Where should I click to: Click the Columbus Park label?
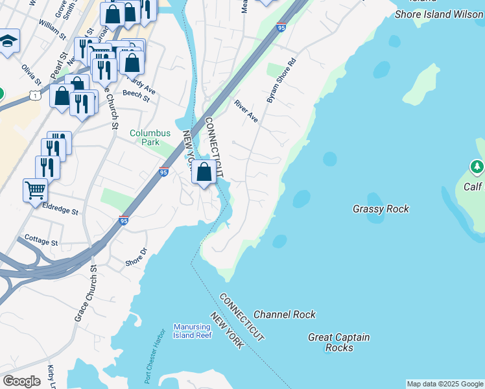click(150, 137)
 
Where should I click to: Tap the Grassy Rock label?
click(381, 209)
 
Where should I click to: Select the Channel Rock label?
click(285, 314)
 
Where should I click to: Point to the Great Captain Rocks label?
click(338, 342)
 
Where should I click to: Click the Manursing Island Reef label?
click(192, 331)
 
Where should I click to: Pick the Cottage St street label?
click(41, 240)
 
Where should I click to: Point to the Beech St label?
click(136, 97)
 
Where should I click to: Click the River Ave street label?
click(246, 111)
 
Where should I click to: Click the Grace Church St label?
click(86, 293)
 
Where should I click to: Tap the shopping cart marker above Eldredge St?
click(35, 190)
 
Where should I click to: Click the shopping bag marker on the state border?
click(204, 172)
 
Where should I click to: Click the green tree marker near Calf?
click(477, 167)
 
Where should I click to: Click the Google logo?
click(21, 381)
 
